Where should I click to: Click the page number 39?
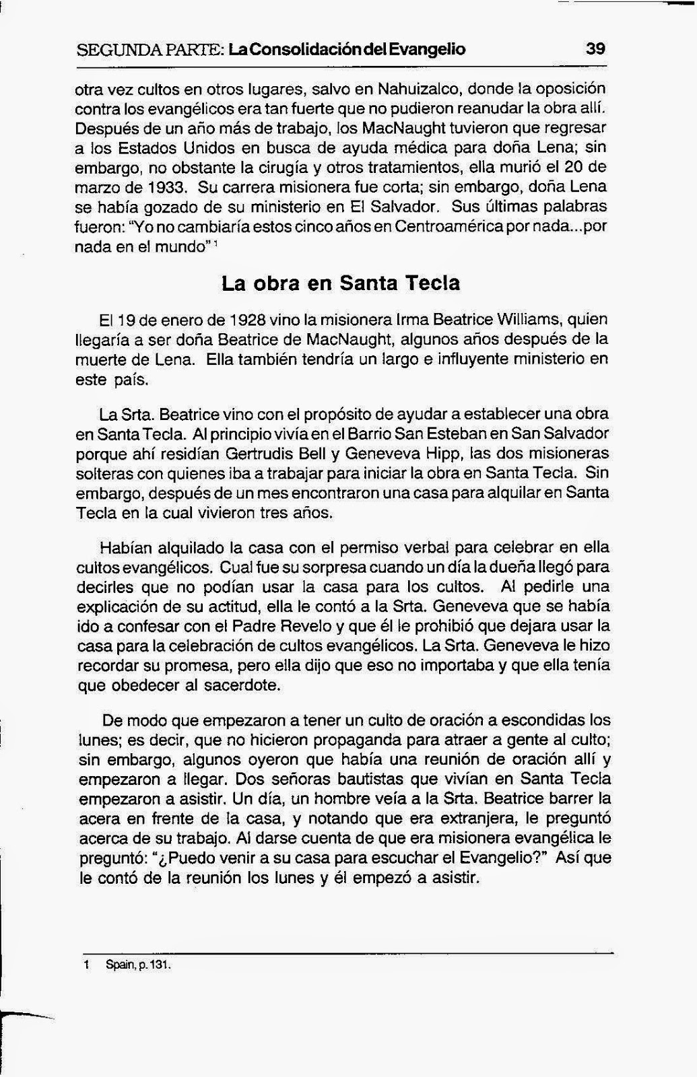pos(596,48)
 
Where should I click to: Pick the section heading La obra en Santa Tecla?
pos(341,283)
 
